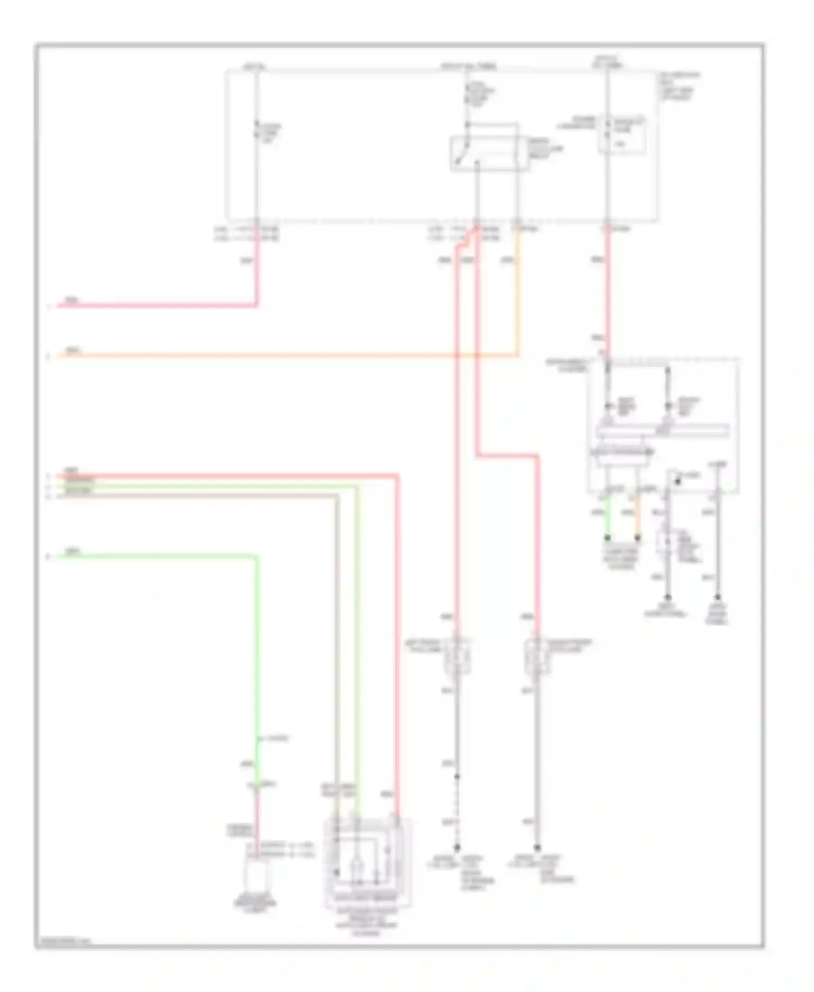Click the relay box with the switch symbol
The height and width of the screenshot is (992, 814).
point(489,154)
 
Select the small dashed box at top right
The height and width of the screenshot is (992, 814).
point(622,135)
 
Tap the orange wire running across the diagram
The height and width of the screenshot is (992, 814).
point(271,356)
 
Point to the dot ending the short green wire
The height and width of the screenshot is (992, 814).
point(608,538)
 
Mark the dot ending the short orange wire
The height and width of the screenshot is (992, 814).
point(638,538)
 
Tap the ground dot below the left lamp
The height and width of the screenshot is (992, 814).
point(457,847)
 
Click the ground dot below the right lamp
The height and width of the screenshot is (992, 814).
point(537,847)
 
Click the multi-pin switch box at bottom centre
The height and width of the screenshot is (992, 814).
point(367,863)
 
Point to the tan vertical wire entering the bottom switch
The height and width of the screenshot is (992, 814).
point(337,651)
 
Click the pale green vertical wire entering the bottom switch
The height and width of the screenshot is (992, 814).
point(357,651)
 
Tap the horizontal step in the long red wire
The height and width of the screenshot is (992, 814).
point(507,456)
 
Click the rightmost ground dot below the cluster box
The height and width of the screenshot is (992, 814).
point(717,597)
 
